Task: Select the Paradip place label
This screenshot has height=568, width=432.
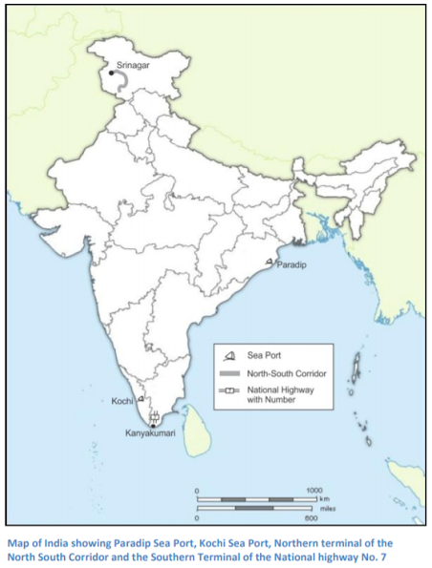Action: pyautogui.click(x=292, y=266)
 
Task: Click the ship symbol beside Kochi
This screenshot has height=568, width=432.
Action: pyautogui.click(x=140, y=397)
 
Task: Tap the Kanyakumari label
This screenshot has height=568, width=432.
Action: pyautogui.click(x=151, y=434)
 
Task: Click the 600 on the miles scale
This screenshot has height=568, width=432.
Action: pyautogui.click(x=311, y=520)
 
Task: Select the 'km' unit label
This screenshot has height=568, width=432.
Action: pyautogui.click(x=325, y=499)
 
